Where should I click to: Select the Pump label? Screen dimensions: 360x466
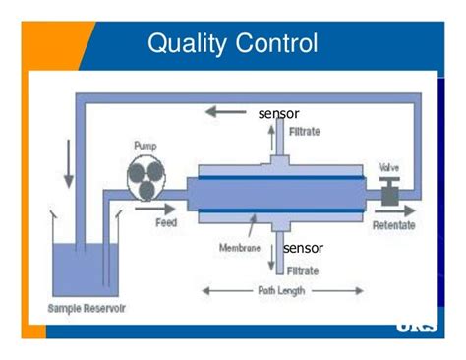(145, 147)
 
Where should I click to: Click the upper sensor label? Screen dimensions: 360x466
(278, 113)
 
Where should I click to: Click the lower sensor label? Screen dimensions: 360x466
(303, 248)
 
